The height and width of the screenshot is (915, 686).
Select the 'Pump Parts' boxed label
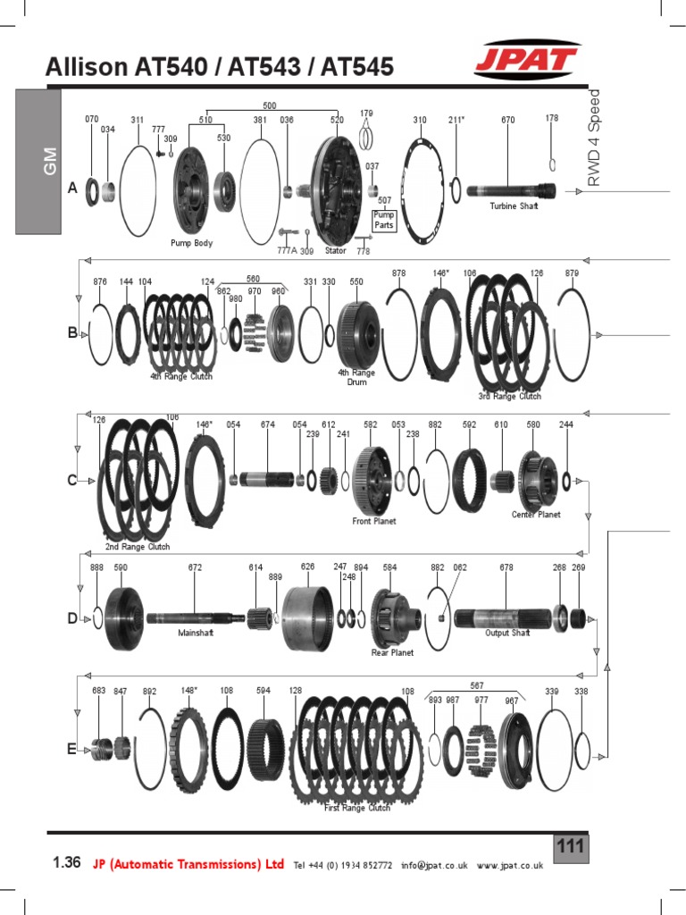(383, 220)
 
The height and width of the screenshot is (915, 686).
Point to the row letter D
(72, 618)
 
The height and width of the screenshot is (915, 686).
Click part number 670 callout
(507, 120)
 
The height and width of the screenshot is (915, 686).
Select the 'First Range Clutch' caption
(356, 808)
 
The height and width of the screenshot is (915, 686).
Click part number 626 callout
(308, 567)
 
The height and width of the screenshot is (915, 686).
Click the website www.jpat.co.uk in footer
(510, 865)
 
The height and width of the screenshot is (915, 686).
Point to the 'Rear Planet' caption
(392, 653)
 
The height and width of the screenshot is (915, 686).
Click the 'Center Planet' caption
(536, 515)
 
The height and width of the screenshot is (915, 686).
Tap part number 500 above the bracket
(270, 105)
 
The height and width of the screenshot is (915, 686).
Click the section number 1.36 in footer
(67, 863)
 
